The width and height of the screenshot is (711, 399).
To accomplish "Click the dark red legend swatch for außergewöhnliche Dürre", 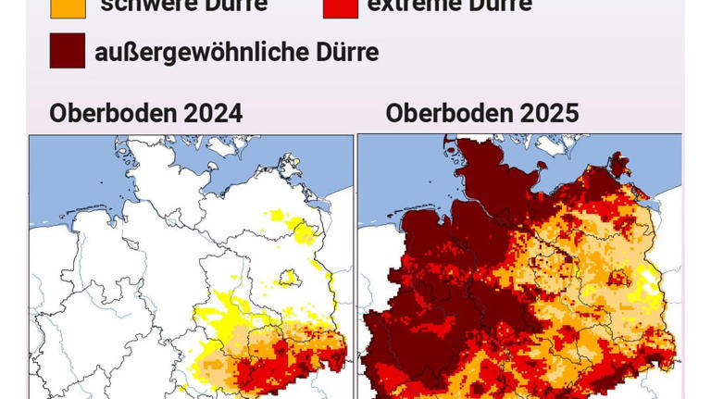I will point(67,52).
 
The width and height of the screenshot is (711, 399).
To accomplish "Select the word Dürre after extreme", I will point(502,6).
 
